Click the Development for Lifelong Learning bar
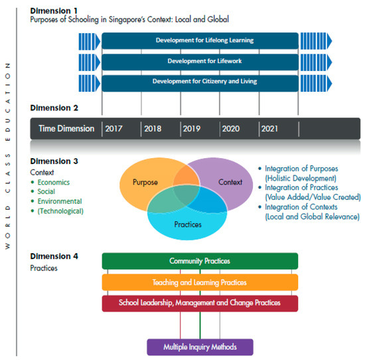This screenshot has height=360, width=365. (200, 41)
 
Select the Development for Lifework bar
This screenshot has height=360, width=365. (200, 61)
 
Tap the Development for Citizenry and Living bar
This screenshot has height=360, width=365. (200, 82)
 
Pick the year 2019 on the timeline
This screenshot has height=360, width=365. (192, 129)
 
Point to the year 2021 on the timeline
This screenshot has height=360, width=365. (271, 129)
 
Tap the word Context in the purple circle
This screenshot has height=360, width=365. (230, 182)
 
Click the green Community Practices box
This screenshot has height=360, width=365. (200, 261)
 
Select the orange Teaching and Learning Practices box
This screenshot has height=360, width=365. (200, 282)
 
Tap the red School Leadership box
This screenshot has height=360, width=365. (200, 303)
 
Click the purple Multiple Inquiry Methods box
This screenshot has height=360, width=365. (200, 347)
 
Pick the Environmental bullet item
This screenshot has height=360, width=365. (60, 201)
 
